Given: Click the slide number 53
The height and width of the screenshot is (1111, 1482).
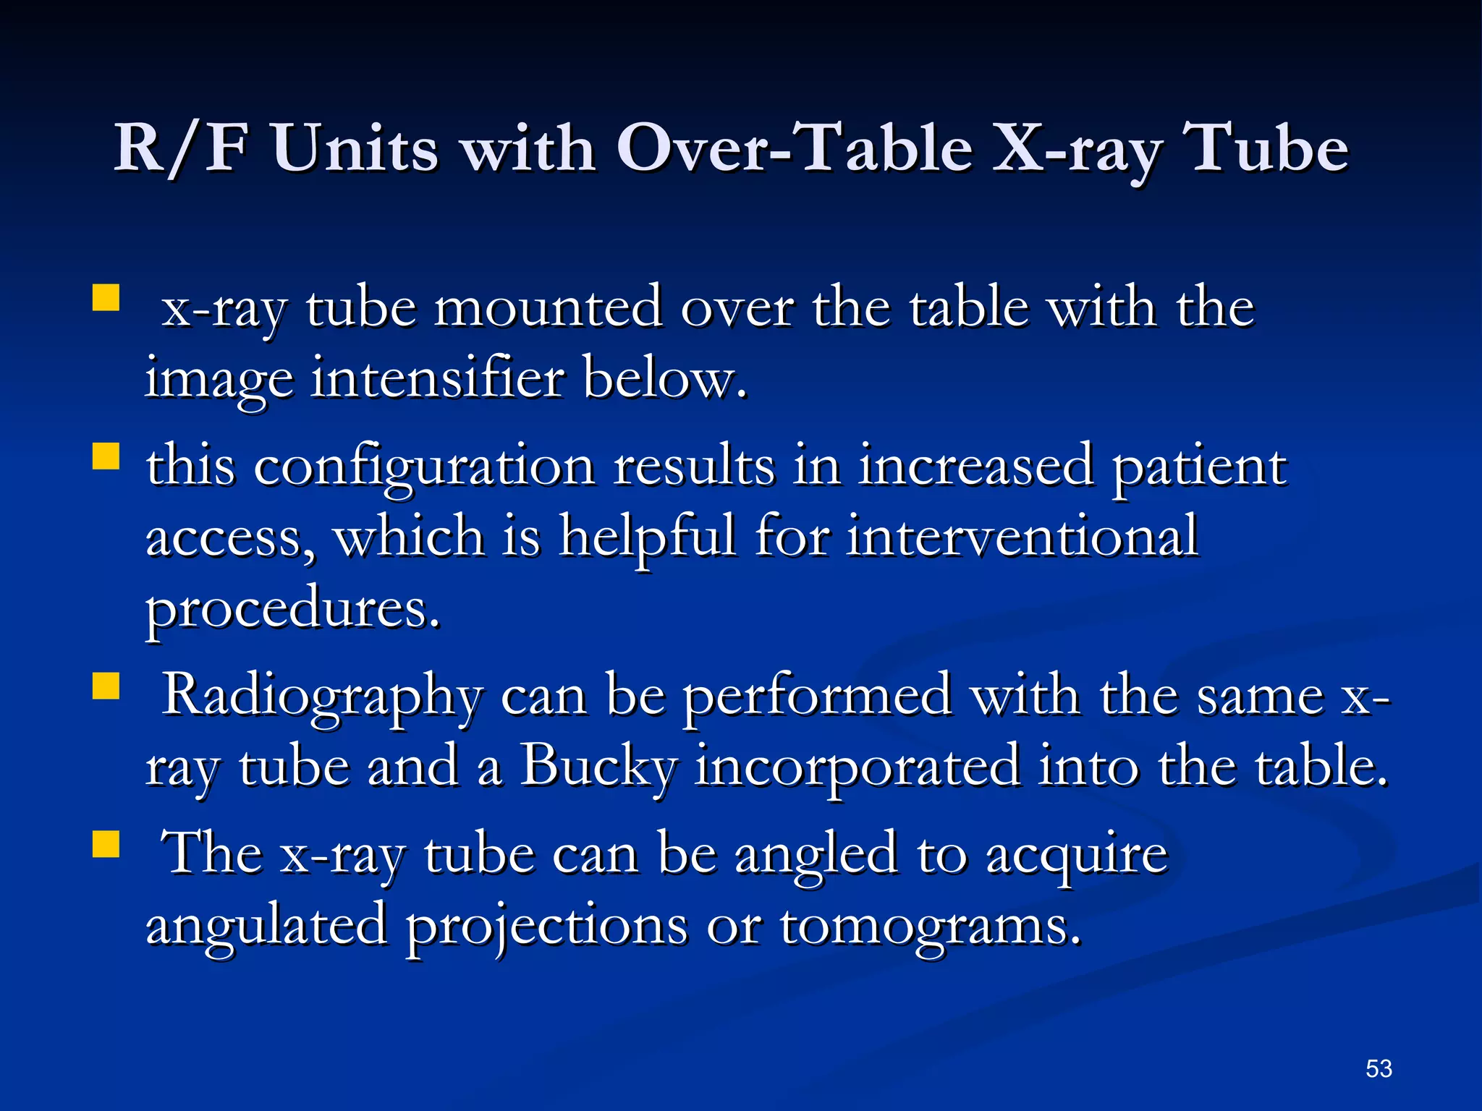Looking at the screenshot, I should click(x=1379, y=1068).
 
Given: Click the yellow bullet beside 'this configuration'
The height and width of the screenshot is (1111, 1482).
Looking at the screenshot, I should click(x=106, y=457).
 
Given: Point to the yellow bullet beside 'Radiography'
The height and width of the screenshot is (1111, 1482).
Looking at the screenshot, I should click(x=106, y=686).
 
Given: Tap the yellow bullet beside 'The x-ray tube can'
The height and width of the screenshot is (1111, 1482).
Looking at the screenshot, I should click(x=106, y=843).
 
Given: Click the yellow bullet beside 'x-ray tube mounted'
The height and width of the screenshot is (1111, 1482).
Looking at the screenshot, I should click(x=106, y=297).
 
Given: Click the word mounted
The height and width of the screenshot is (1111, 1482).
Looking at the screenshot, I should click(x=548, y=308).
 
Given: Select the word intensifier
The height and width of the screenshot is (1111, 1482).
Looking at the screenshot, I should click(x=437, y=378).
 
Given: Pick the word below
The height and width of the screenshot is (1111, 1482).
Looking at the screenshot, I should click(x=664, y=378).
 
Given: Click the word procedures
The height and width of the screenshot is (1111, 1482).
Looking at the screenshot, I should click(x=292, y=609).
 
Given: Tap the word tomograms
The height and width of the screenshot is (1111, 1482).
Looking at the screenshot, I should click(x=930, y=926).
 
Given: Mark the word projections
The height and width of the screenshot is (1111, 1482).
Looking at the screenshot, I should click(x=546, y=926).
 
